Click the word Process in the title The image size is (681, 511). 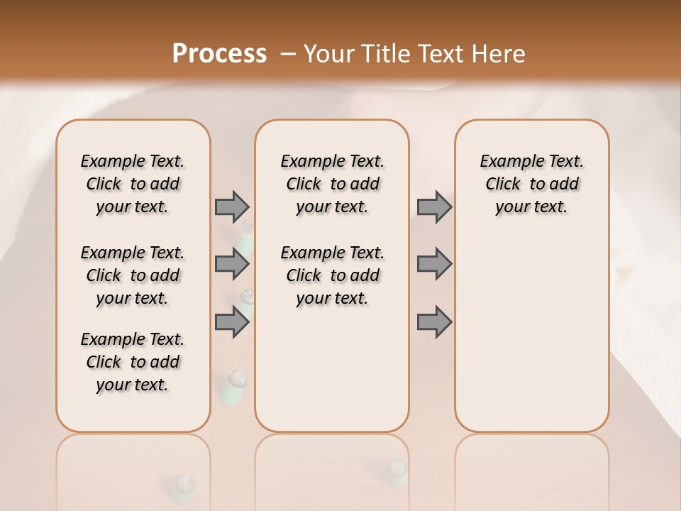click(219, 53)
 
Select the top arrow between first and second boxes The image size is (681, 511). click(232, 207)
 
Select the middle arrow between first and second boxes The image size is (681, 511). click(232, 264)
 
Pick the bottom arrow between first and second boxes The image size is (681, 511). click(232, 322)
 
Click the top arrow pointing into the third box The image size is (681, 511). click(434, 207)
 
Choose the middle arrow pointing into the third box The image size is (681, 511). click(434, 264)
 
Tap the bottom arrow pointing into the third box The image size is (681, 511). click(434, 322)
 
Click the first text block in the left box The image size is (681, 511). click(133, 184)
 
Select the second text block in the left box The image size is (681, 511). click(133, 275)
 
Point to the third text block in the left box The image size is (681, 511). click(133, 362)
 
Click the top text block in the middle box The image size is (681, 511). click(333, 184)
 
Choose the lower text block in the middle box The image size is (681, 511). click(333, 275)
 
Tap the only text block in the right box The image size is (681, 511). click(532, 184)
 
